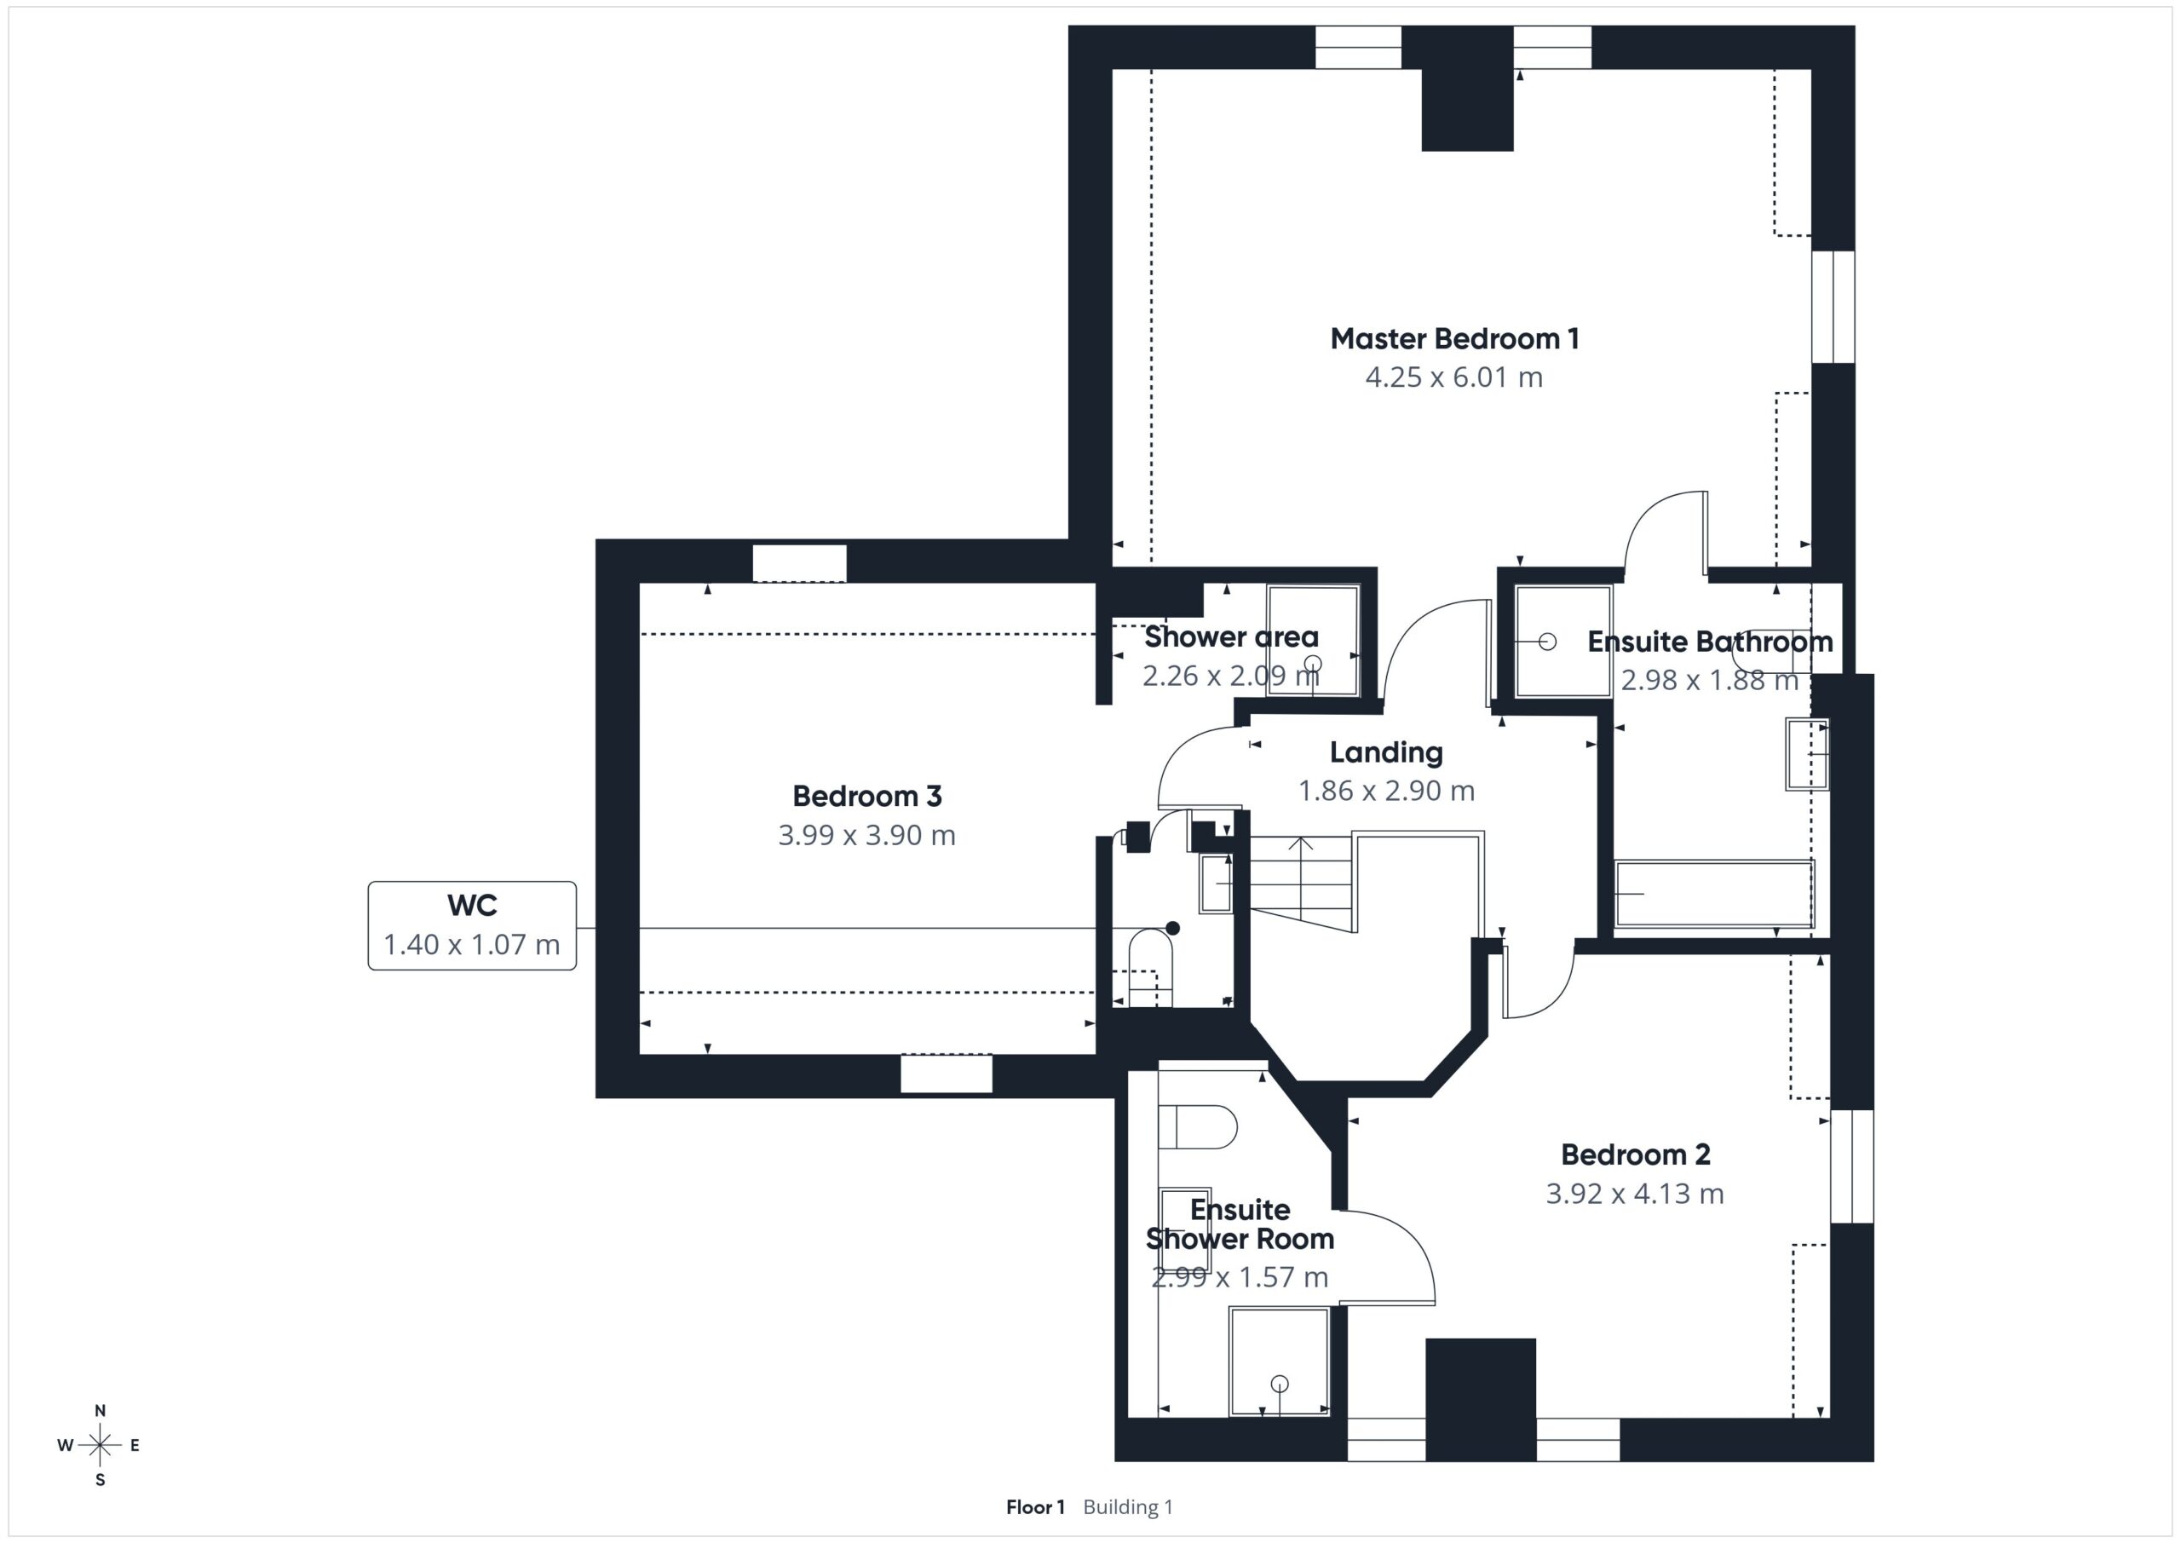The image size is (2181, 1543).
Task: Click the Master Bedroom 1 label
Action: [1454, 338]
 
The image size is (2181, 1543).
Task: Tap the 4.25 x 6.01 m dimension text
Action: [1454, 377]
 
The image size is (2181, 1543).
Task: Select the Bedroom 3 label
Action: [866, 796]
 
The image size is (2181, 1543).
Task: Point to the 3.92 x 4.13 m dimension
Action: [1635, 1194]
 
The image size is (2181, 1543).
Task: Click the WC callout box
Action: [472, 925]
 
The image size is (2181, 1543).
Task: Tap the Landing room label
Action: [1386, 752]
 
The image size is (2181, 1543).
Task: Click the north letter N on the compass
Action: [100, 1411]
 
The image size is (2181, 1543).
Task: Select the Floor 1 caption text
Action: [1035, 1507]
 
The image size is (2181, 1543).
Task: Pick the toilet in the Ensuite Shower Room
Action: [1198, 1128]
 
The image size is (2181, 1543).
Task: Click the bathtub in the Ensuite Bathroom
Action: [1715, 893]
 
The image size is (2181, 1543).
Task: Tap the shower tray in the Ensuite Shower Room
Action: [1279, 1362]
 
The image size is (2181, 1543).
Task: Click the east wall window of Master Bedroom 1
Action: [1833, 306]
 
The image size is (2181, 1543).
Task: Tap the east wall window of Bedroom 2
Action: [1852, 1166]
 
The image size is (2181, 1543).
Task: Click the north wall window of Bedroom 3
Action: [800, 562]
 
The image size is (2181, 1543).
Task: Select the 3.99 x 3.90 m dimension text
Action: [866, 835]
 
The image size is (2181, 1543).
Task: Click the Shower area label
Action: [1231, 636]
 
